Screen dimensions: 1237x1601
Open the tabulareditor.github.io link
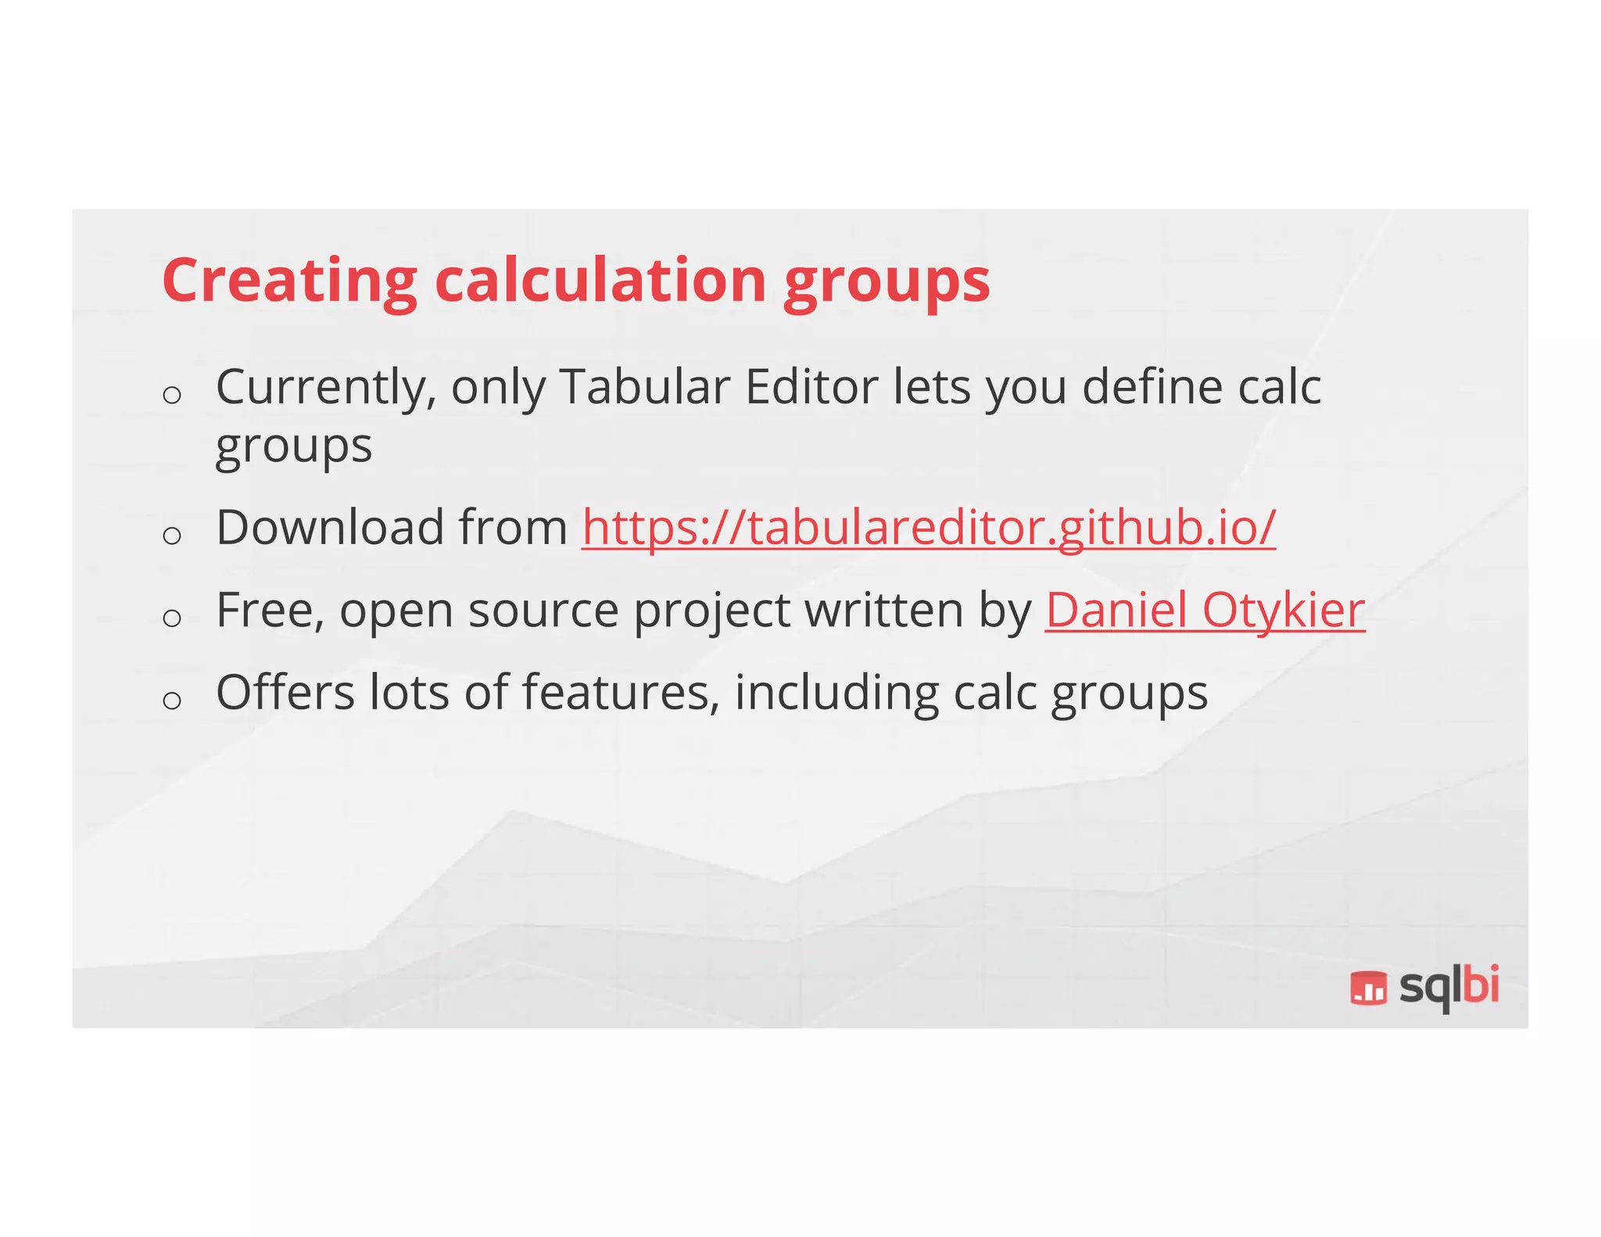[x=929, y=527]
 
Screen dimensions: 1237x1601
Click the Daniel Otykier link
[x=1205, y=610]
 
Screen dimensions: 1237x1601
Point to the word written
[x=884, y=610]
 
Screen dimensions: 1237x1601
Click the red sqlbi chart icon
[x=1368, y=988]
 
